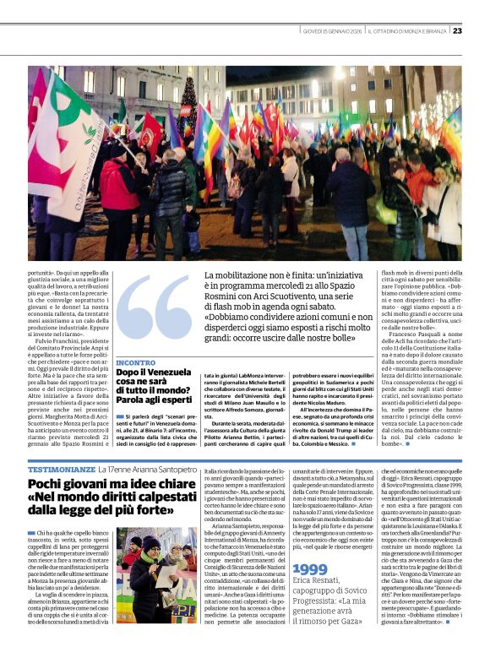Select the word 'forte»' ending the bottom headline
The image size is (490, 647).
point(164,511)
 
